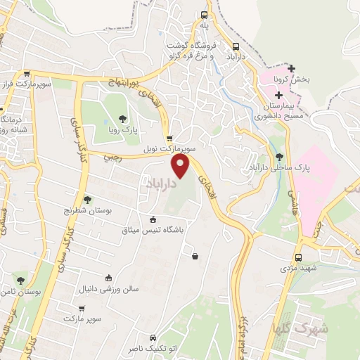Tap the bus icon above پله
pyautogui.click(x=204, y=15)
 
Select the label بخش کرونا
pyautogui.click(x=290, y=80)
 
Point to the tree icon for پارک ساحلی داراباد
pyautogui.click(x=280, y=157)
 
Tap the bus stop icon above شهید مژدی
pyautogui.click(x=299, y=257)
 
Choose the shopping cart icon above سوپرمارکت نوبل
pyautogui.click(x=169, y=138)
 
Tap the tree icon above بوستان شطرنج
pyautogui.click(x=87, y=200)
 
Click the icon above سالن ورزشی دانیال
pyautogui.click(x=108, y=278)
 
